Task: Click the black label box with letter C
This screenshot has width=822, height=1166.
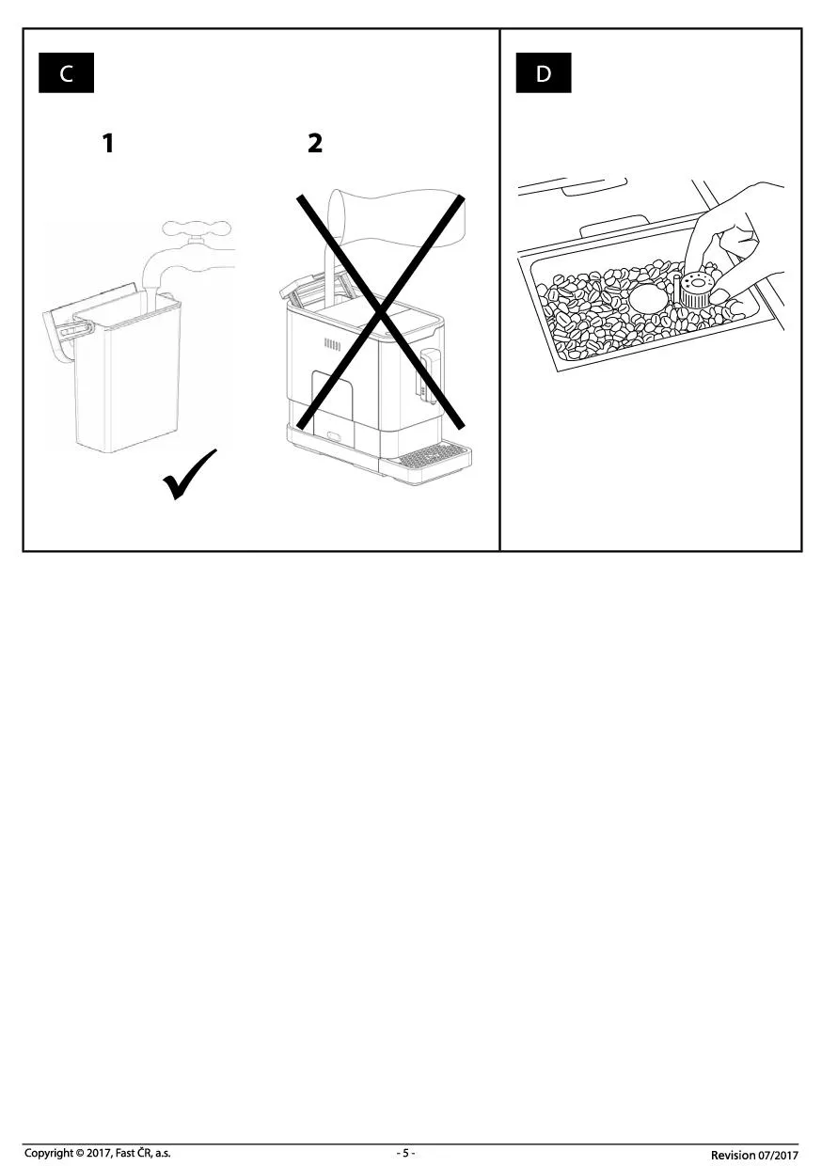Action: click(66, 73)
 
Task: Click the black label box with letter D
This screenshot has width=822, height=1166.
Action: click(543, 73)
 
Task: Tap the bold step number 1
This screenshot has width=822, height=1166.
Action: click(108, 143)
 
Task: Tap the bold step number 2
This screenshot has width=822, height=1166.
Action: click(315, 143)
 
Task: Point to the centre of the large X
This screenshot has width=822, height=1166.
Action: click(381, 312)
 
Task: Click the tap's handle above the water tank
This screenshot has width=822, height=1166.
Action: click(197, 228)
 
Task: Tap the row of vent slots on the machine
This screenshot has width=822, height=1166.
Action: click(332, 344)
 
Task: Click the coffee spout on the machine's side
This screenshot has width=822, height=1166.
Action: click(431, 375)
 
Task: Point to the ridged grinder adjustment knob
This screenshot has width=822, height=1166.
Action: click(694, 290)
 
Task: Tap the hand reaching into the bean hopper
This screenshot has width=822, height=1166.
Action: click(739, 250)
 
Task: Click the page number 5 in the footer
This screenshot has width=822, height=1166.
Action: click(405, 1153)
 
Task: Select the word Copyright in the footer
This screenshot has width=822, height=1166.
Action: click(47, 1153)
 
